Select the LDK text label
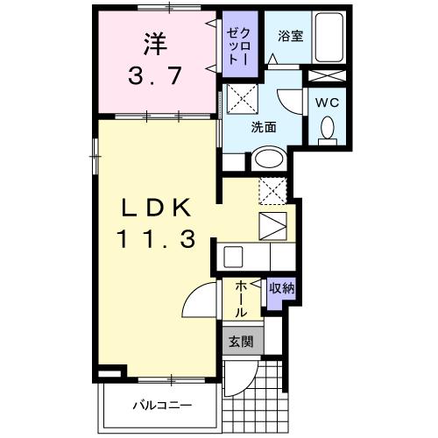[156, 209]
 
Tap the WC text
[326, 101]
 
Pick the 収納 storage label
[280, 288]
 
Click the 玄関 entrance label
[241, 342]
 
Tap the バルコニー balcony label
[162, 405]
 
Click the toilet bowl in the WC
[328, 130]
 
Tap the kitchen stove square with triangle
[272, 224]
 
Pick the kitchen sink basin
[233, 258]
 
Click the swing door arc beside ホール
[197, 305]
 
